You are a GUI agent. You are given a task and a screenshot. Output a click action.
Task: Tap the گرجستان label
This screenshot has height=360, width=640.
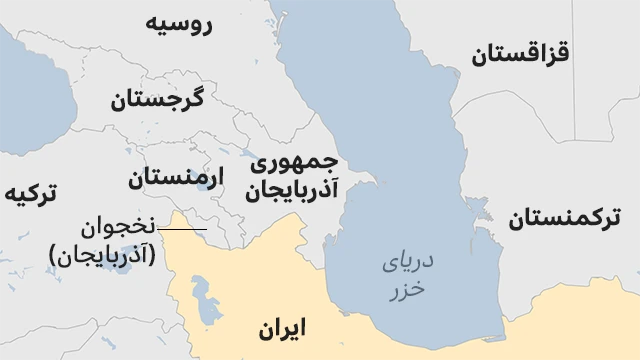pos(157,99)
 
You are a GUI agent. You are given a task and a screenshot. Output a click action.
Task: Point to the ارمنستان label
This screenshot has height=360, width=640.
pos(177,178)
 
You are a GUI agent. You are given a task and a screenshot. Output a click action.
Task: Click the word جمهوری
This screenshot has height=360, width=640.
pos(294,162)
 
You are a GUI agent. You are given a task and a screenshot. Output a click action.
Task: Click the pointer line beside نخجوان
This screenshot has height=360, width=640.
pos(181,230)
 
